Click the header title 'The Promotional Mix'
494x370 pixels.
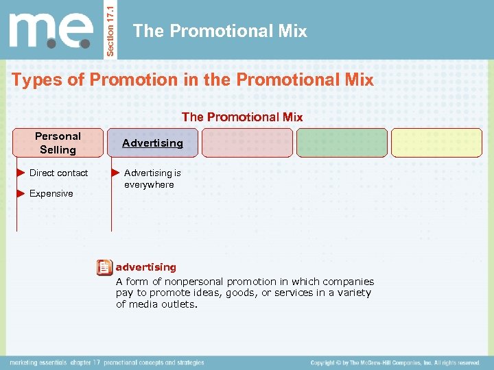pyautogui.click(x=220, y=31)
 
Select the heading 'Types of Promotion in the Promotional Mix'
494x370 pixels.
pyautogui.click(x=193, y=80)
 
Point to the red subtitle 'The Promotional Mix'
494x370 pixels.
pyautogui.click(x=242, y=117)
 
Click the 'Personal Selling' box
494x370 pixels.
pyautogui.click(x=58, y=143)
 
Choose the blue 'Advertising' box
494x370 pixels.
pyautogui.click(x=152, y=143)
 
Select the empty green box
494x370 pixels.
pyautogui.click(x=342, y=143)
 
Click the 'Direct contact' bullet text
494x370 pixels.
pyautogui.click(x=58, y=173)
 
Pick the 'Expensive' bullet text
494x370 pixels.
pyautogui.click(x=51, y=194)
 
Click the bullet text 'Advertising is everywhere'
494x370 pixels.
pyautogui.click(x=152, y=179)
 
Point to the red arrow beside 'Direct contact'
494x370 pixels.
pyautogui.click(x=21, y=173)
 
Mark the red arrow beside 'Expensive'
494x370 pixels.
pyautogui.click(x=21, y=194)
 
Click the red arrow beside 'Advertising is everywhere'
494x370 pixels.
pyautogui.click(x=115, y=173)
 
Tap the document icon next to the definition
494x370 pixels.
pyautogui.click(x=104, y=267)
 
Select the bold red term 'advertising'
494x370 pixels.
pyautogui.click(x=145, y=267)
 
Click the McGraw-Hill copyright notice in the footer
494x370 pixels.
pyautogui.click(x=395, y=362)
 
